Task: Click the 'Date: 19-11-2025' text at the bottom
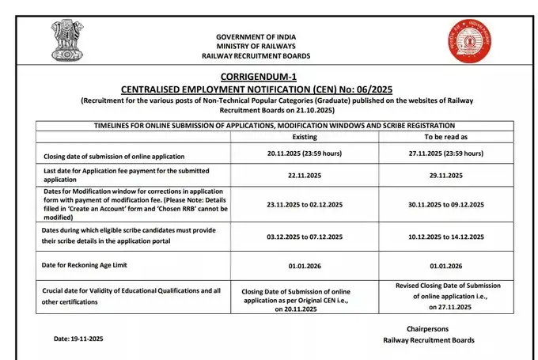[78, 339]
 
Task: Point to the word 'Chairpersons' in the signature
[428, 328]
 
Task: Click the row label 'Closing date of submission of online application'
[114, 157]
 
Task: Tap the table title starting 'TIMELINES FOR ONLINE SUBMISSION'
[274, 126]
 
